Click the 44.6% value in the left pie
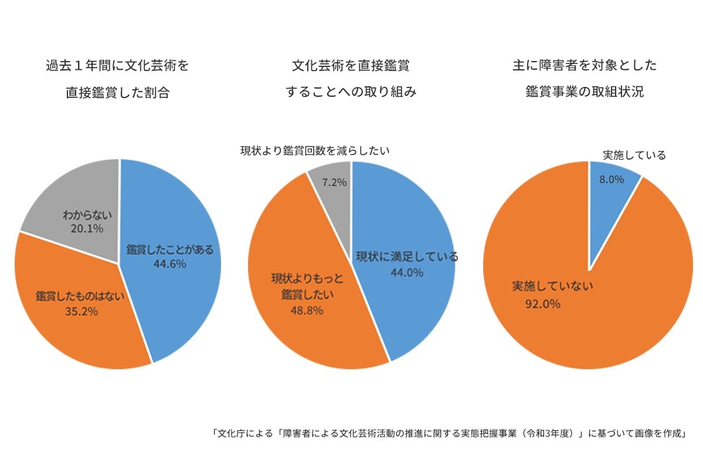click(169, 264)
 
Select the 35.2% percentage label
click(81, 311)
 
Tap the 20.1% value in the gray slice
click(87, 228)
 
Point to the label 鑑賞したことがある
click(170, 249)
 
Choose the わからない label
click(87, 215)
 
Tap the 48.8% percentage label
click(307, 311)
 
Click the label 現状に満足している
click(407, 257)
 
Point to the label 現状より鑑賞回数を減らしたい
click(315, 151)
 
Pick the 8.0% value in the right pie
click(611, 180)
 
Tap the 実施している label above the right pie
click(634, 156)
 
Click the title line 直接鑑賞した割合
click(117, 93)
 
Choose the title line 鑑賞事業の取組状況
click(585, 92)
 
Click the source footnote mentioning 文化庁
click(449, 434)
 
